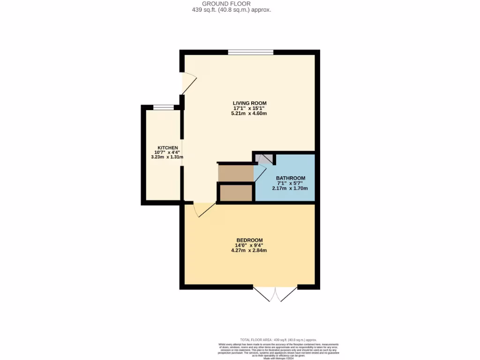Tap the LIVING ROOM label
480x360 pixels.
(x=249, y=103)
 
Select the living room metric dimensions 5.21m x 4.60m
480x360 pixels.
(x=249, y=114)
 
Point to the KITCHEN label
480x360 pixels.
(x=167, y=148)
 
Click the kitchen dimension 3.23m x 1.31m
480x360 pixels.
(x=167, y=157)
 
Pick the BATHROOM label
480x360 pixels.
(x=291, y=178)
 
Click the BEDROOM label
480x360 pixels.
(x=249, y=240)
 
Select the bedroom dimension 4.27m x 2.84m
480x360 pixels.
(x=249, y=250)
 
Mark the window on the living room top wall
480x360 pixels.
(x=251, y=52)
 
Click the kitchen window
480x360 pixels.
(x=164, y=107)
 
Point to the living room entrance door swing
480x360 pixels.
(x=188, y=83)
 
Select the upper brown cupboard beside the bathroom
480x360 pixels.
(x=235, y=172)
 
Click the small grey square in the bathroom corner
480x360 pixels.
(x=264, y=159)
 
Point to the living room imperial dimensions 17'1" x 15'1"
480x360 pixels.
(x=249, y=108)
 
